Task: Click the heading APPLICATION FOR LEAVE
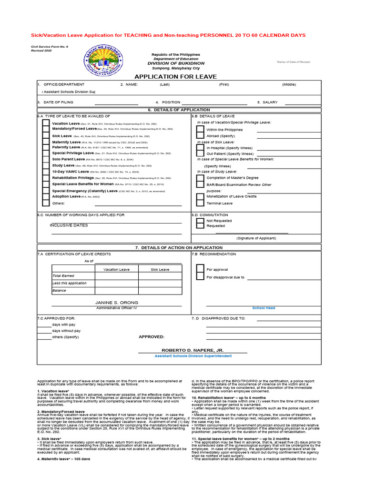[x=175, y=77]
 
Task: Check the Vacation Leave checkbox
[x=45, y=123]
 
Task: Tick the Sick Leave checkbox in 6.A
[x=45, y=136]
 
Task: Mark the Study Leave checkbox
[x=45, y=166]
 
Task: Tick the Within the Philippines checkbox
[x=201, y=129]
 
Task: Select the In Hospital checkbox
[x=201, y=148]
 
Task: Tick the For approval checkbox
[x=201, y=269]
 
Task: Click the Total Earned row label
[x=63, y=276]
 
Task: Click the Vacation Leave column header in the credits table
[x=117, y=269]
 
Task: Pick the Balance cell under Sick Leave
[x=160, y=290]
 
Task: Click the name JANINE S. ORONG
[x=117, y=303]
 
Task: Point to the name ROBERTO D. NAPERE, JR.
[x=193, y=350]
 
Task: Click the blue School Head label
[x=264, y=308]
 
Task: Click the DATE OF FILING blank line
[x=116, y=102]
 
